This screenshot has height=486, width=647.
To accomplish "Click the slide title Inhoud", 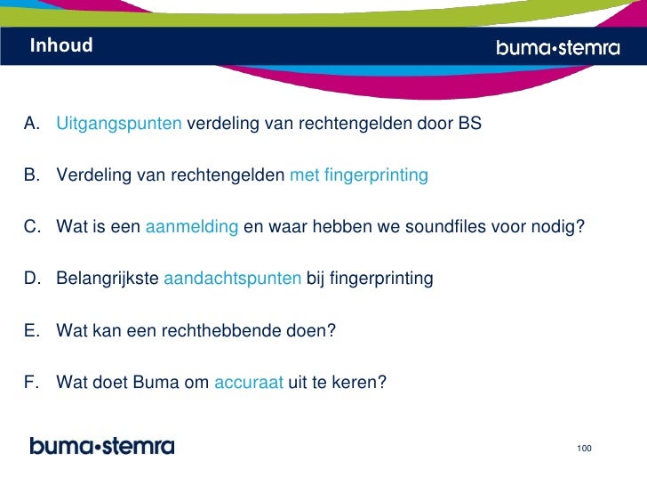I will click(60, 45).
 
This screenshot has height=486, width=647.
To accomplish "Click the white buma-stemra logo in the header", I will click(557, 48).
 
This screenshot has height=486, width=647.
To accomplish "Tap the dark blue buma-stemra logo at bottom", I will click(102, 446).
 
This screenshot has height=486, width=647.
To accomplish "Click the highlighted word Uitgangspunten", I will click(119, 124).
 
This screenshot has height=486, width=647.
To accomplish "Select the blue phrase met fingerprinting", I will click(359, 175).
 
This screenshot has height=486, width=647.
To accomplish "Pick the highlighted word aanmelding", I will click(191, 227).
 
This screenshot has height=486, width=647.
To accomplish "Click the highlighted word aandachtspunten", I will click(233, 279).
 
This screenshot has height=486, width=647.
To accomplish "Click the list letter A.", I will click(32, 124).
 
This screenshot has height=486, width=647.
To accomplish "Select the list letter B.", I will click(32, 175).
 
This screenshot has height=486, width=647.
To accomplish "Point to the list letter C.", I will click(32, 227).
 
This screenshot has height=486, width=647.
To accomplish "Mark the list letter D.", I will click(32, 279).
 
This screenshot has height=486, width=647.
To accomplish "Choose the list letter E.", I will click(32, 330).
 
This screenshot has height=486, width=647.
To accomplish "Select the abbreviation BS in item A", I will click(469, 124).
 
